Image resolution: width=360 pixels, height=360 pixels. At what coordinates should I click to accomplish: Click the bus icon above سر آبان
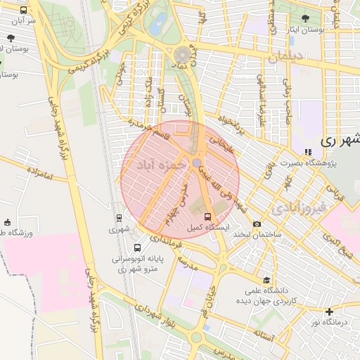pos(25,10)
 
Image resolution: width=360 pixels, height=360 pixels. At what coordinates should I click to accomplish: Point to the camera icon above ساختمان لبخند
pos(256,224)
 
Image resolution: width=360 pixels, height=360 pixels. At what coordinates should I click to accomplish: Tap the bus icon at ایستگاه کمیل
pos(207,217)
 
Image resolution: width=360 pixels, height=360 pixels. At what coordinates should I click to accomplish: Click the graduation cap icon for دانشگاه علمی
pos(266,279)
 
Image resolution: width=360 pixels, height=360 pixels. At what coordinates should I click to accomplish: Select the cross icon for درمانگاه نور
pos(329,311)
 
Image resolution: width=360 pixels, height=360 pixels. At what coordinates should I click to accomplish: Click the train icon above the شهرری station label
pos(119,217)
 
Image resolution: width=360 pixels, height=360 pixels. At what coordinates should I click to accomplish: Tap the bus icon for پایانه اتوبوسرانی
pos(137,247)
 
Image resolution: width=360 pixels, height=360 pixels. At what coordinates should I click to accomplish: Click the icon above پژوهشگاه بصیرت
pos(308,151)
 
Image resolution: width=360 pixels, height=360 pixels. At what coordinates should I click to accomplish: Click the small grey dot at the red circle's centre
pos(198,162)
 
